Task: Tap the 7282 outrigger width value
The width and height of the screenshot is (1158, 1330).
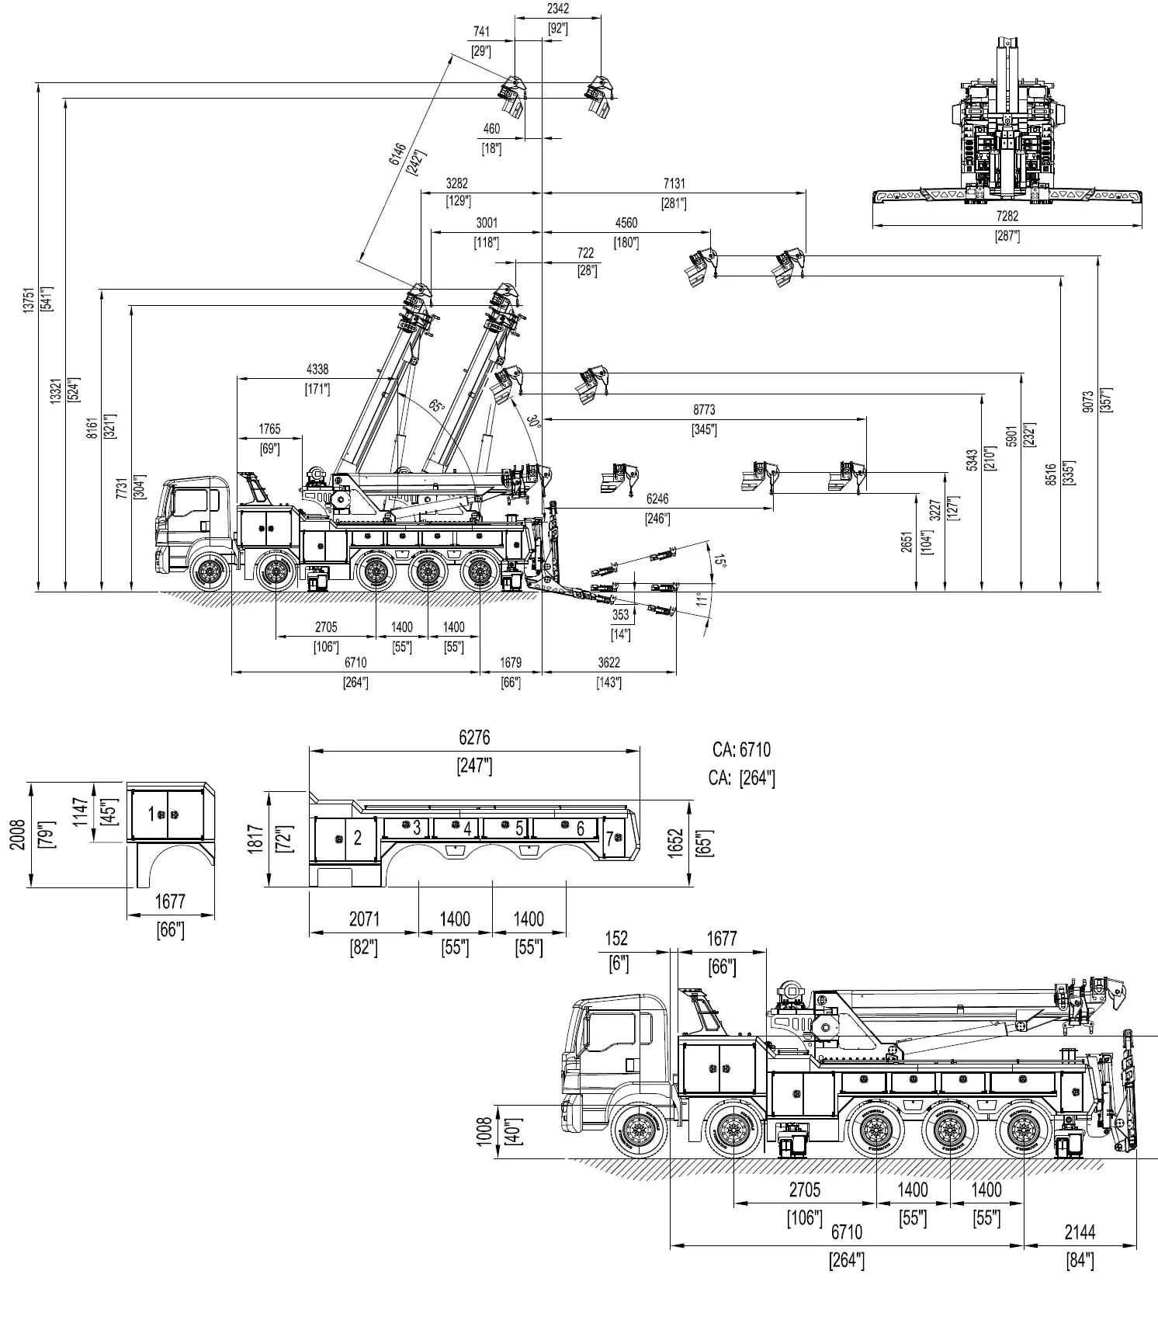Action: click(1007, 217)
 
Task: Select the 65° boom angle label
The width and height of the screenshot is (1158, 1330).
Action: click(437, 406)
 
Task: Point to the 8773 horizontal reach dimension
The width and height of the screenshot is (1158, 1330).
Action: click(704, 410)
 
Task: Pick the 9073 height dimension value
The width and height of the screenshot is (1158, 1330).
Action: click(1088, 401)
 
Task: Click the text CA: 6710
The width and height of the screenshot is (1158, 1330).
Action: click(741, 750)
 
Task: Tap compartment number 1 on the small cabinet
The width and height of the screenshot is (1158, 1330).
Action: click(151, 814)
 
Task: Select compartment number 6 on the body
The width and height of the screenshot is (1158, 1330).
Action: click(580, 828)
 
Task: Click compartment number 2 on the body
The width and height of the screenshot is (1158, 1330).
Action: click(358, 838)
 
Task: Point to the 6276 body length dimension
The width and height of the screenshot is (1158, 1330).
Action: click(474, 738)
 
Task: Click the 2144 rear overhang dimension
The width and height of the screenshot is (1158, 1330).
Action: click(1080, 1232)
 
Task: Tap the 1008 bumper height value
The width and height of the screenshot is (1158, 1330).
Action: click(484, 1131)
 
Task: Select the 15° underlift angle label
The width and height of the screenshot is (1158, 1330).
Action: click(719, 561)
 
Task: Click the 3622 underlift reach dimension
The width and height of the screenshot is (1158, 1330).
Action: click(608, 663)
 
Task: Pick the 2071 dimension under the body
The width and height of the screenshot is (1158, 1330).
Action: click(364, 919)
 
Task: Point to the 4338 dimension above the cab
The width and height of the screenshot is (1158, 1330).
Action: click(317, 370)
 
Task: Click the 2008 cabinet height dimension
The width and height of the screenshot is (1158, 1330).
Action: click(19, 835)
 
